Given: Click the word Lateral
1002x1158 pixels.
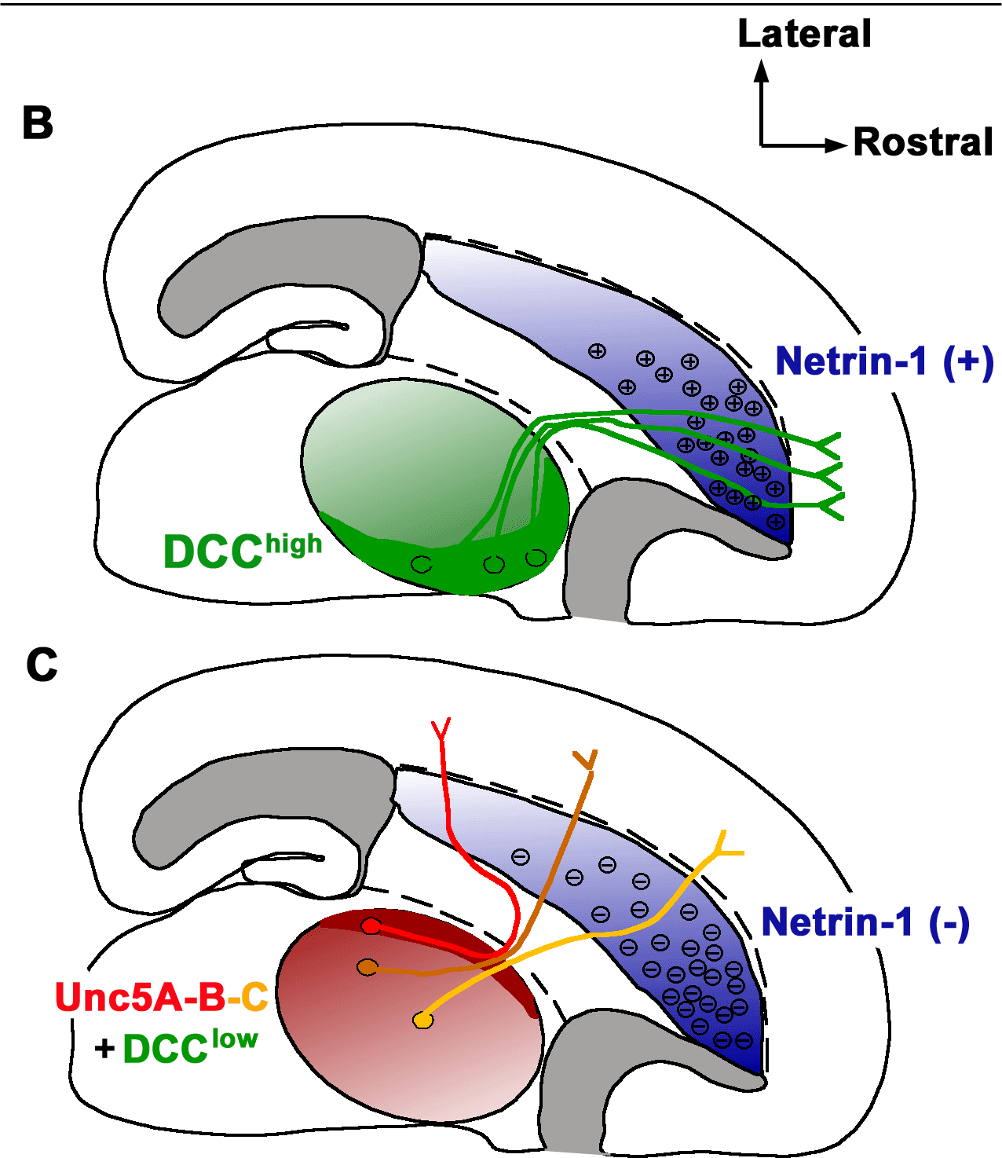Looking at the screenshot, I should click(x=804, y=34).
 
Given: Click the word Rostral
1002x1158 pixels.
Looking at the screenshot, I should click(x=923, y=142).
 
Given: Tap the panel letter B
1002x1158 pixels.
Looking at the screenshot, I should click(x=38, y=123).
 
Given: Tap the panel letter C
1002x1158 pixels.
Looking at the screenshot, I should click(x=42, y=665).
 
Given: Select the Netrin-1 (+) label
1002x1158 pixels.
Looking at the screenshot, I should click(x=884, y=361).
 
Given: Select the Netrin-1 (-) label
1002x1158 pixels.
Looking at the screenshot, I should click(x=865, y=922).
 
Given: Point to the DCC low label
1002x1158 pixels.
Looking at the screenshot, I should click(x=190, y=1047).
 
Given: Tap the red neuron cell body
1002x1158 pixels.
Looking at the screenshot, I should click(x=371, y=926).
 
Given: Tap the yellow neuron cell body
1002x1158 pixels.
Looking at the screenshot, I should click(x=423, y=1020).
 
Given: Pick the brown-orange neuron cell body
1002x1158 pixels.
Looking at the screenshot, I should click(x=367, y=967).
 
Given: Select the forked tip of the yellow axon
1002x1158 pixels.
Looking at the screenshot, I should click(x=726, y=845).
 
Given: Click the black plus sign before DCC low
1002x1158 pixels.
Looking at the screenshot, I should click(x=104, y=1049).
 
